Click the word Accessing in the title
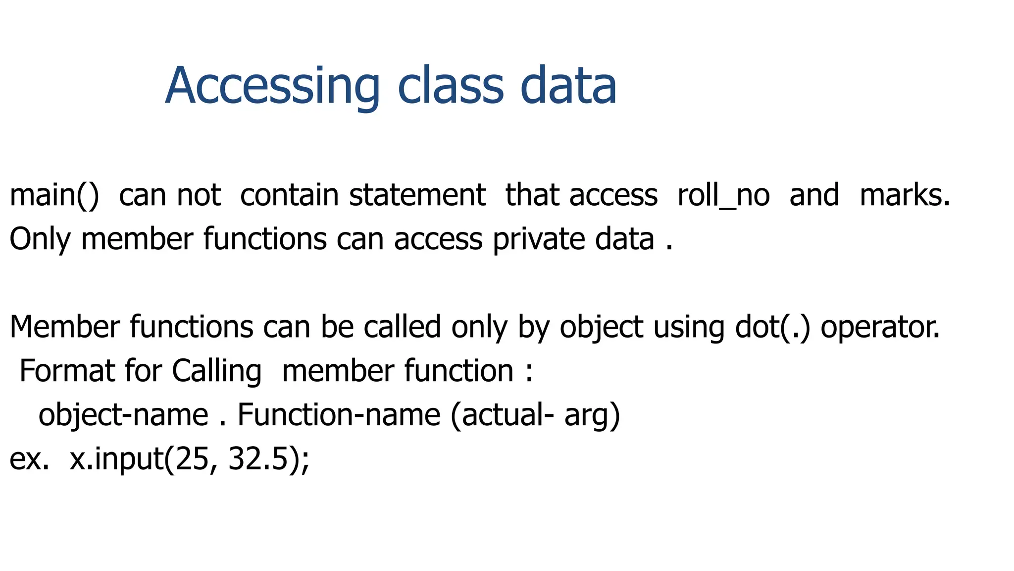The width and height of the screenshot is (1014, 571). point(272,86)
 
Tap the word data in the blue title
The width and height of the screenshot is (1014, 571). point(568,86)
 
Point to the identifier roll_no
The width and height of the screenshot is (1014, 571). point(723,195)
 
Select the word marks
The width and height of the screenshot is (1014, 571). point(905,195)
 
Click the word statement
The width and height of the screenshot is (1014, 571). point(417,195)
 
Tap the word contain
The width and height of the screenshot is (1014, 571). point(289,195)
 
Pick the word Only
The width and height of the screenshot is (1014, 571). point(40,239)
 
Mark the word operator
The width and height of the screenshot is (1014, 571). point(880,328)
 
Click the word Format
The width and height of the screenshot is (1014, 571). point(67,371)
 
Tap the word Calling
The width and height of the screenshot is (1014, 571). point(216,372)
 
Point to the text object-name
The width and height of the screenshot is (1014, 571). point(123,415)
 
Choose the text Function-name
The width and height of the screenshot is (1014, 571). point(339,415)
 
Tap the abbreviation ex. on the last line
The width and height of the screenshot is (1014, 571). point(29,459)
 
